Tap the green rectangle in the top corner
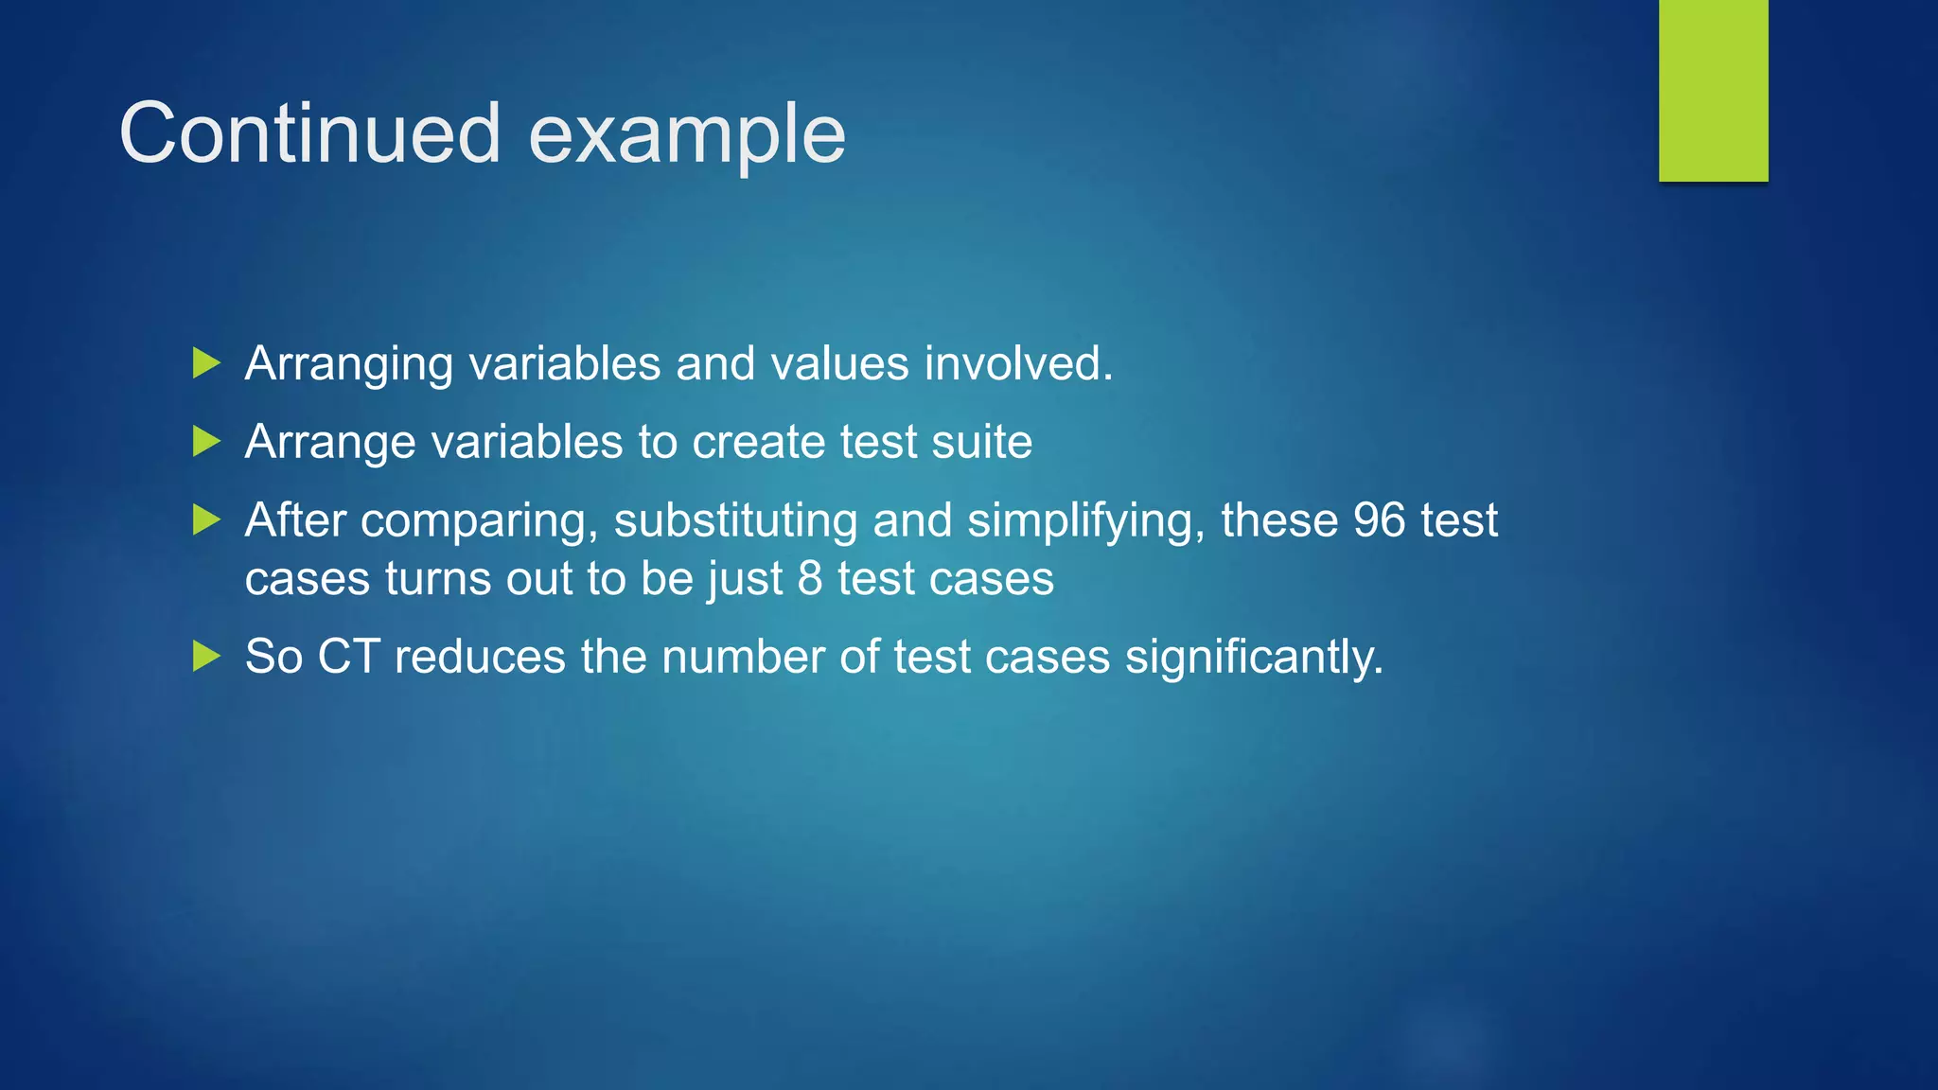[1713, 90]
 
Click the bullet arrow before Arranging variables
[206, 362]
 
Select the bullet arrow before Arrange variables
[206, 441]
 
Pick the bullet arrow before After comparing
[206, 519]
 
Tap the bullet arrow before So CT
[206, 656]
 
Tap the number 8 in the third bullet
[810, 578]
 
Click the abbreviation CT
[348, 657]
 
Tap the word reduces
[480, 657]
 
